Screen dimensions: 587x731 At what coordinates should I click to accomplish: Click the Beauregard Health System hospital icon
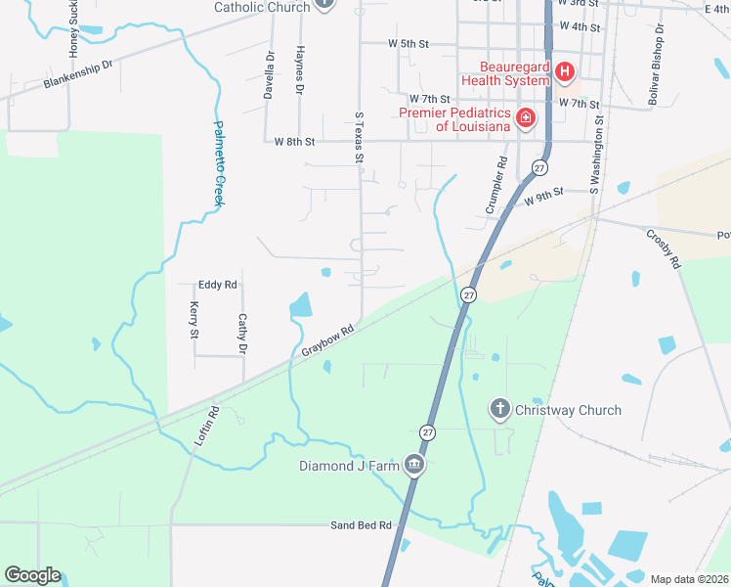pyautogui.click(x=564, y=71)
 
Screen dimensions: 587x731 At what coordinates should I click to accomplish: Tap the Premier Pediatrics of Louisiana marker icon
pyautogui.click(x=525, y=118)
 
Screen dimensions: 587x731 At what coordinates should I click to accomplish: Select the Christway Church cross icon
pyautogui.click(x=499, y=409)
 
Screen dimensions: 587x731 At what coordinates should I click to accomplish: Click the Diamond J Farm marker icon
pyautogui.click(x=414, y=464)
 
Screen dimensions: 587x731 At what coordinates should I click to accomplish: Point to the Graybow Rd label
pyautogui.click(x=326, y=339)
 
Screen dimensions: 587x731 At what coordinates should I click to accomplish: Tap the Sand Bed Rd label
pyautogui.click(x=361, y=525)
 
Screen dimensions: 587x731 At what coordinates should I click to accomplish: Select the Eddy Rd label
pyautogui.click(x=218, y=285)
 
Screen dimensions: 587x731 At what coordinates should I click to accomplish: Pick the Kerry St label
pyautogui.click(x=193, y=321)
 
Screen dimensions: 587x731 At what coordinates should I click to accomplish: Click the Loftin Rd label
pyautogui.click(x=202, y=427)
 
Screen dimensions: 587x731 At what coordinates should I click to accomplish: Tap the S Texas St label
pyautogui.click(x=359, y=137)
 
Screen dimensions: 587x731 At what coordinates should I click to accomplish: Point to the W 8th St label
pyautogui.click(x=295, y=142)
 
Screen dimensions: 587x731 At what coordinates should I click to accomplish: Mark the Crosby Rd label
pyautogui.click(x=663, y=248)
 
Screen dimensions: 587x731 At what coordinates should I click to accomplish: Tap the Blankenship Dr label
pyautogui.click(x=78, y=75)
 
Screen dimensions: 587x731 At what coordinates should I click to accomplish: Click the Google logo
pyautogui.click(x=32, y=575)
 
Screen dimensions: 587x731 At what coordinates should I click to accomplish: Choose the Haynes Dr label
pyautogui.click(x=300, y=69)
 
